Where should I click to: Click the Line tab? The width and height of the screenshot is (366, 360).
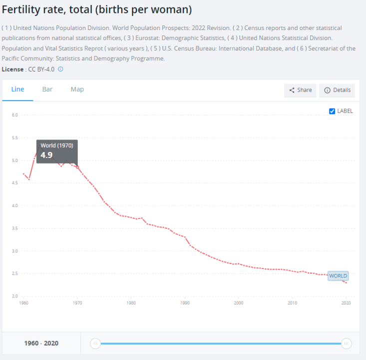pos(17,89)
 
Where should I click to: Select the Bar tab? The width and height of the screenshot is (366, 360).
pos(47,89)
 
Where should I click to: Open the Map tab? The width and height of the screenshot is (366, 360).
pos(77,89)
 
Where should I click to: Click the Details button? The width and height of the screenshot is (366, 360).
pos(337,90)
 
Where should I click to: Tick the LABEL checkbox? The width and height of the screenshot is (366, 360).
pos(332,111)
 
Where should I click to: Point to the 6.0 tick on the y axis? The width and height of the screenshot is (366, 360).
pos(15,115)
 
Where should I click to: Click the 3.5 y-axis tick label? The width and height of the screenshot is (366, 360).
pos(15,228)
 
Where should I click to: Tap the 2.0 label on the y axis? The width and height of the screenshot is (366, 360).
pos(15,296)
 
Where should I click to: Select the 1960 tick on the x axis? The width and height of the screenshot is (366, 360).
pos(23,303)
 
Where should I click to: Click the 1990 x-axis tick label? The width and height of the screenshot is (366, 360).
pos(185,303)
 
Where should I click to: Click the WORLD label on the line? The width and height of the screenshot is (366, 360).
pos(338,276)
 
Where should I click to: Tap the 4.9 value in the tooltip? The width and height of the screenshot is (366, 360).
pos(46,155)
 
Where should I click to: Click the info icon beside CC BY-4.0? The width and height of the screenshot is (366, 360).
pos(61,69)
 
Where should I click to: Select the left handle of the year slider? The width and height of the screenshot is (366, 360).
pos(95,343)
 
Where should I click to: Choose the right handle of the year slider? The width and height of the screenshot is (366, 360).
pos(346,343)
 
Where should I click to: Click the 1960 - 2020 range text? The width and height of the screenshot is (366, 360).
pos(41,343)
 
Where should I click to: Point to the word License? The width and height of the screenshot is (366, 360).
pos(12,69)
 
